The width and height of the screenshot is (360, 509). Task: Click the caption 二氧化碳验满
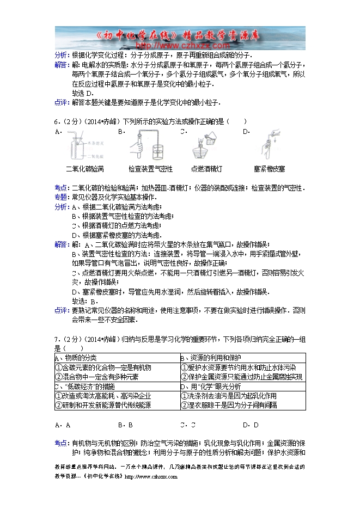pos(84,169)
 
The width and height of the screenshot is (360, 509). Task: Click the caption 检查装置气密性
pos(151,169)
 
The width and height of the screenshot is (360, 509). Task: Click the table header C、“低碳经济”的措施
pos(84,386)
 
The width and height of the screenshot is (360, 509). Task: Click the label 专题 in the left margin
pos(61,197)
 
